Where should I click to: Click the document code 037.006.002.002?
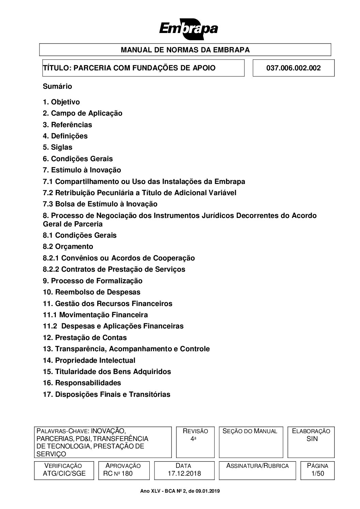pyautogui.click(x=293, y=68)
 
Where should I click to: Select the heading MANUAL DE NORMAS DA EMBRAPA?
pyautogui.click(x=185, y=50)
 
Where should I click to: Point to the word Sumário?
pyautogui.click(x=57, y=86)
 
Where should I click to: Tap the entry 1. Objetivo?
pyautogui.click(x=61, y=102)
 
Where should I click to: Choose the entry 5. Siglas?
pyautogui.click(x=58, y=147)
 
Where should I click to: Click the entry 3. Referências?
pyautogui.click(x=67, y=125)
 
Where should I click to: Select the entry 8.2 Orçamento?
pyautogui.click(x=68, y=247)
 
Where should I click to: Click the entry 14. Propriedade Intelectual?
pyautogui.click(x=89, y=360)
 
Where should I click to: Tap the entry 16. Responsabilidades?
pyautogui.click(x=82, y=383)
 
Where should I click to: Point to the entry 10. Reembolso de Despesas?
pyautogui.click(x=92, y=292)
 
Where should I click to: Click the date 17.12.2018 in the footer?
pyautogui.click(x=183, y=473)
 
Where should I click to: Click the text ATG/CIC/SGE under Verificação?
pyautogui.click(x=64, y=473)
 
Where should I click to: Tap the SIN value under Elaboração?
pyautogui.click(x=312, y=439)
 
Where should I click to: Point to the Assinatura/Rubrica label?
pyautogui.click(x=257, y=466)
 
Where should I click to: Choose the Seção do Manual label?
pyautogui.click(x=250, y=431)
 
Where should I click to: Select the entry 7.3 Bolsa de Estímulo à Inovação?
pyautogui.click(x=100, y=204)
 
